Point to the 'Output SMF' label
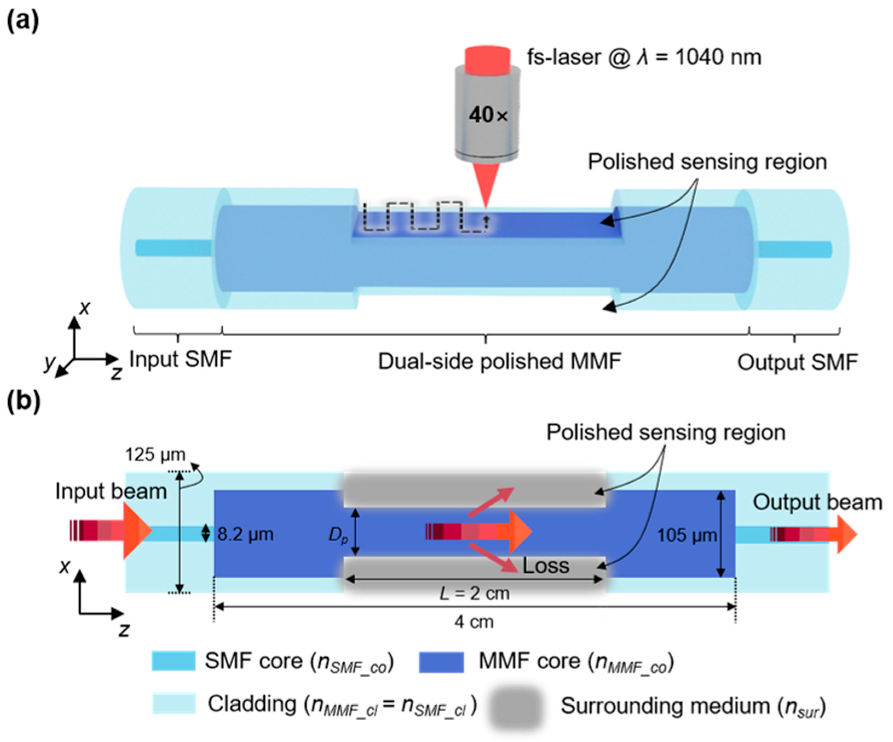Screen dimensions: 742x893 tap(797, 362)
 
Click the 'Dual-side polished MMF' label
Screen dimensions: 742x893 tap(500, 362)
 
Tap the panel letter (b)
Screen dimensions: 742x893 tap(23, 402)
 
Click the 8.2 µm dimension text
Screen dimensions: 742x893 tap(245, 534)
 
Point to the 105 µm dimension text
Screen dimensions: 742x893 tap(687, 535)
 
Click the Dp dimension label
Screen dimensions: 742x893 tap(338, 535)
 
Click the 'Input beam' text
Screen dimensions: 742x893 tap(111, 491)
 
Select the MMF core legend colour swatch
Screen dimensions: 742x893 tap(441, 662)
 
